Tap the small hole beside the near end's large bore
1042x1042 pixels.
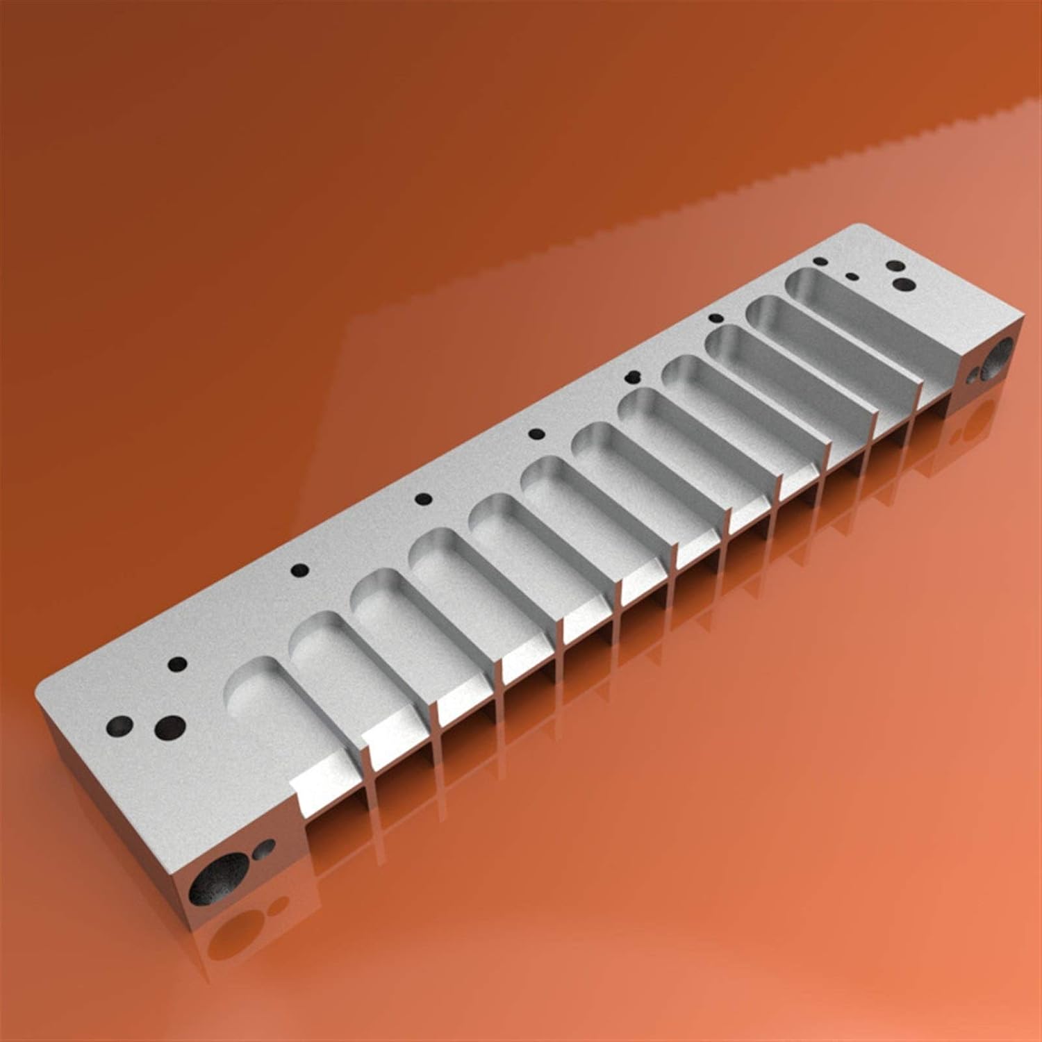pyautogui.click(x=265, y=847)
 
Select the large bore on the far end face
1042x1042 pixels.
pyautogui.click(x=999, y=355)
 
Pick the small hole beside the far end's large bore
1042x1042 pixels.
pyautogui.click(x=973, y=375)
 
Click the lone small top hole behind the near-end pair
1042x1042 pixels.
pyautogui.click(x=179, y=663)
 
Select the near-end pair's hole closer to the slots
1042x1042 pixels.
pyautogui.click(x=169, y=727)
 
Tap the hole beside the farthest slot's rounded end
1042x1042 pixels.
pyautogui.click(x=820, y=263)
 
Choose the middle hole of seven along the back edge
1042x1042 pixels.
pyautogui.click(x=536, y=434)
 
